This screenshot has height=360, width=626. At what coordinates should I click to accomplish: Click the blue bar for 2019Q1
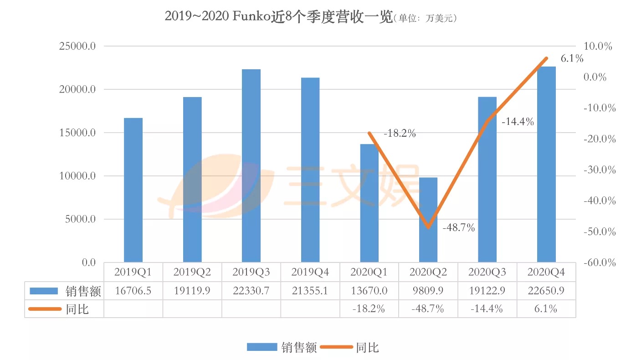click(x=133, y=190)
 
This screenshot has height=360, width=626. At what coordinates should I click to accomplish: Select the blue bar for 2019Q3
click(x=251, y=166)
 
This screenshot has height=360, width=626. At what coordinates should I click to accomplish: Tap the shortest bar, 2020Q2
click(x=428, y=220)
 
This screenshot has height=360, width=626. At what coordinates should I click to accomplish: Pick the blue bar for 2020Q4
click(x=546, y=165)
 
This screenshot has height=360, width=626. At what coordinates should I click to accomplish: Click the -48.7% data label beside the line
click(x=458, y=228)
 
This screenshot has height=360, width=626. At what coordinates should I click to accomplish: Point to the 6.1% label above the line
click(x=572, y=58)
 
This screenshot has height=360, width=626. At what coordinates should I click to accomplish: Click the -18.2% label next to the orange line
click(x=400, y=134)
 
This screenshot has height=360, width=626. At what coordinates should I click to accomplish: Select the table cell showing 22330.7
click(x=251, y=291)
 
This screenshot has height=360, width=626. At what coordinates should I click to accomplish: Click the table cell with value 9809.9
click(x=428, y=291)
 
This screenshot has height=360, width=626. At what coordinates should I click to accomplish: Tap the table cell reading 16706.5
click(x=133, y=291)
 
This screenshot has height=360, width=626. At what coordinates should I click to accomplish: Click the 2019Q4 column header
click(x=310, y=272)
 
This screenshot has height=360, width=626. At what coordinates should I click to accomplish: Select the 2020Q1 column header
click(x=369, y=272)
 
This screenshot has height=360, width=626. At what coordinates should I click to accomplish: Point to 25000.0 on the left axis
click(x=77, y=46)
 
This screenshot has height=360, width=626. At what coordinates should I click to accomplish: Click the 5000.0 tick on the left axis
click(x=79, y=219)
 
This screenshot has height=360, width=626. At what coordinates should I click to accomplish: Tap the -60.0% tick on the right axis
click(x=599, y=263)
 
